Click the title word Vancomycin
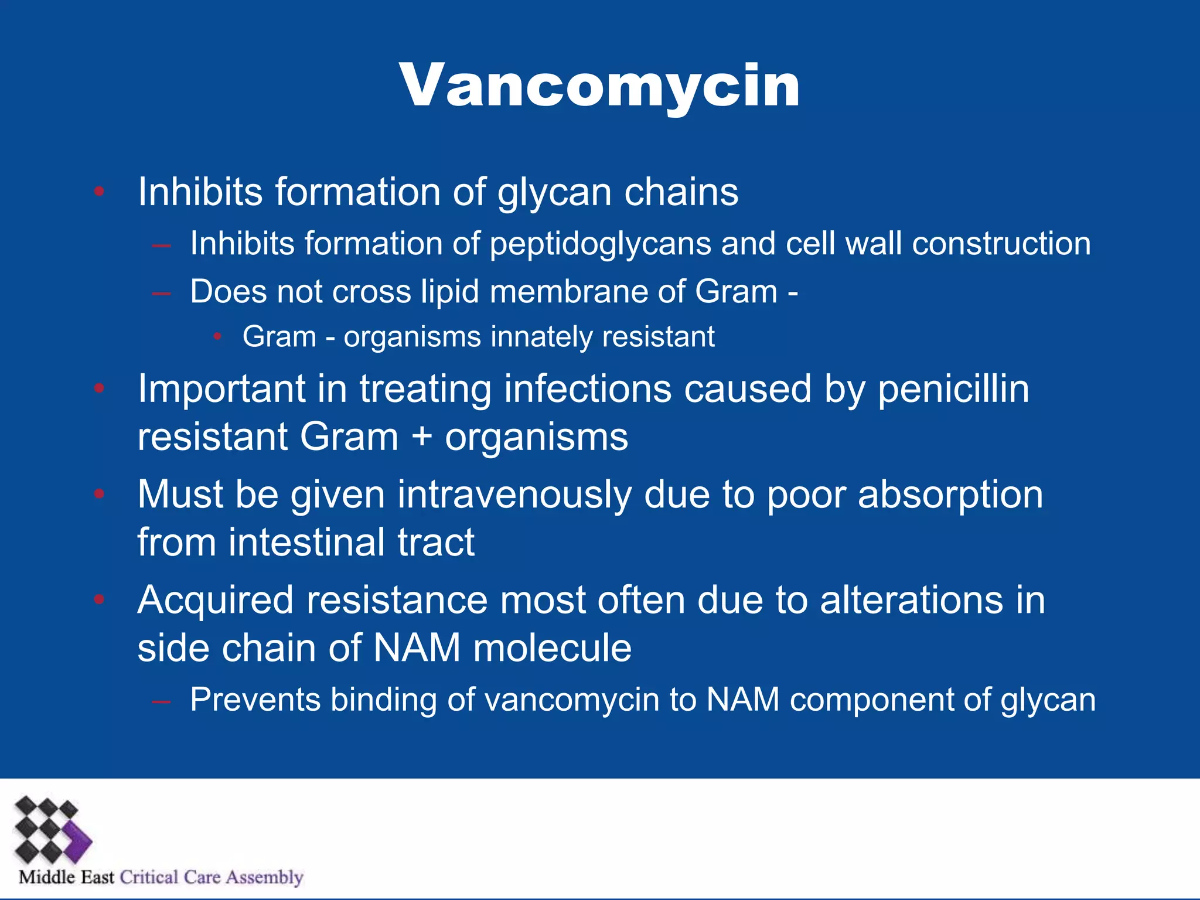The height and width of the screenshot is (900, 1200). click(x=599, y=87)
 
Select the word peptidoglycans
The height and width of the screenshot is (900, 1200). click(x=600, y=244)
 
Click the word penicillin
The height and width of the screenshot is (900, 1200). click(x=953, y=389)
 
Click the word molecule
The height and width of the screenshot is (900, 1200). click(x=552, y=648)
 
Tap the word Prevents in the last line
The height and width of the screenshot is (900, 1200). click(x=255, y=700)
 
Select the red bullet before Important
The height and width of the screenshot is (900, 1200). click(x=100, y=388)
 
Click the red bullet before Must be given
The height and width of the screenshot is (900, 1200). click(x=100, y=494)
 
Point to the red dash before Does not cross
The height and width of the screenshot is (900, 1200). click(x=161, y=292)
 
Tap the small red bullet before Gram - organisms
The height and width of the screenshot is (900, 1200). click(x=217, y=336)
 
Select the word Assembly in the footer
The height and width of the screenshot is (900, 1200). click(x=265, y=877)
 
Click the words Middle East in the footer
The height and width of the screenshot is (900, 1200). click(x=66, y=877)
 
